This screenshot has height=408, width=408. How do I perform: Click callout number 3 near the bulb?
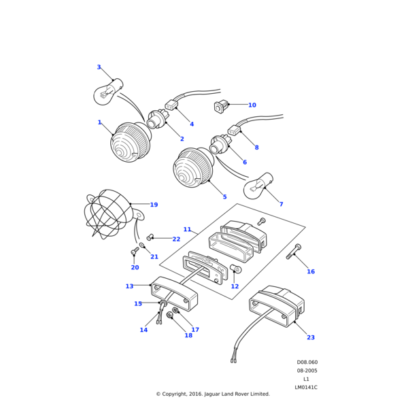tap(99, 67)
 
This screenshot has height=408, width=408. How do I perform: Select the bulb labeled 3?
tap(107, 92)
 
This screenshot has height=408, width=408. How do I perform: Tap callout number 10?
tap(252, 105)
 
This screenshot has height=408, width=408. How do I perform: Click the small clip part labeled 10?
tap(220, 105)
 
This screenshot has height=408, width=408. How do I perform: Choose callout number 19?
tap(154, 205)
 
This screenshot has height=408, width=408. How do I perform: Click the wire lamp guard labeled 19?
tap(109, 214)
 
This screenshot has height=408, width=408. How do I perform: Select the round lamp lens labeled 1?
tap(131, 141)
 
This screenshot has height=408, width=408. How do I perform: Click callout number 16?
tap(311, 271)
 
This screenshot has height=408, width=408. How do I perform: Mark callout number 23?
tap(310, 337)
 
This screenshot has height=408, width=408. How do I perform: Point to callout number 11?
tap(187, 229)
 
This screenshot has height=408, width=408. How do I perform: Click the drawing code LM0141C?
tap(306, 388)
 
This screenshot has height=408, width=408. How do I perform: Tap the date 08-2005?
tap(307, 371)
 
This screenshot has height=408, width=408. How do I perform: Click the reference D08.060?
tap(307, 362)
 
